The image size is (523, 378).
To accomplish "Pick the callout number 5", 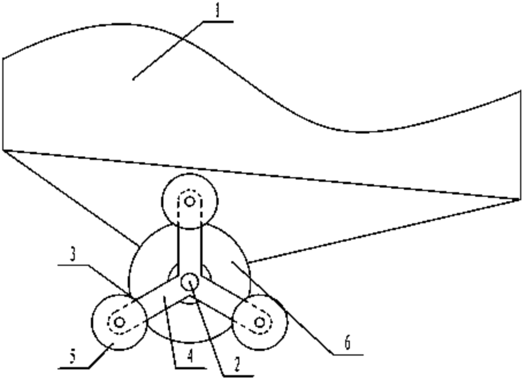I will pyautogui.click(x=72, y=356).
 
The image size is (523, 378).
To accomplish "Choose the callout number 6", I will pyautogui.click(x=346, y=343).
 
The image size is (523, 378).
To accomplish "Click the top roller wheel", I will pyautogui.click(x=189, y=202).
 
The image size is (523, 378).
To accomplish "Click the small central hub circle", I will pyautogui.click(x=189, y=281).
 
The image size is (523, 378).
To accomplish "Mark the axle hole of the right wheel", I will pyautogui.click(x=259, y=322).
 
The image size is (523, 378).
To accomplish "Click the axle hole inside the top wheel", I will pyautogui.click(x=189, y=201).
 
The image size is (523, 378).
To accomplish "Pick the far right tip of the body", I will pyautogui.click(x=520, y=200).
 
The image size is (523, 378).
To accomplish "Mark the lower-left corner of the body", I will pyautogui.click(x=3, y=150).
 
